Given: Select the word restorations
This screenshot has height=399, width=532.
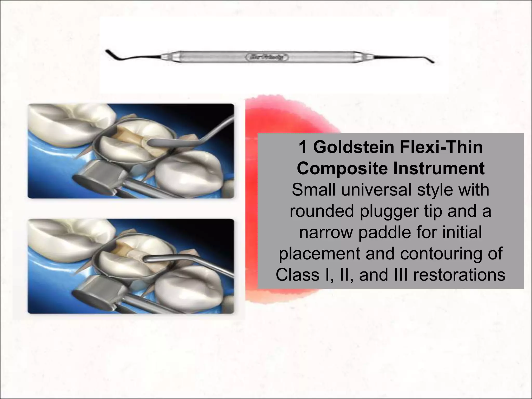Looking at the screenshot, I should [459, 275].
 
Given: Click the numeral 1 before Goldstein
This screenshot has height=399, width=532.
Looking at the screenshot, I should [303, 147].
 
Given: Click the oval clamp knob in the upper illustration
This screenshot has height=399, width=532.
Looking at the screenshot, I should [94, 185].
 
